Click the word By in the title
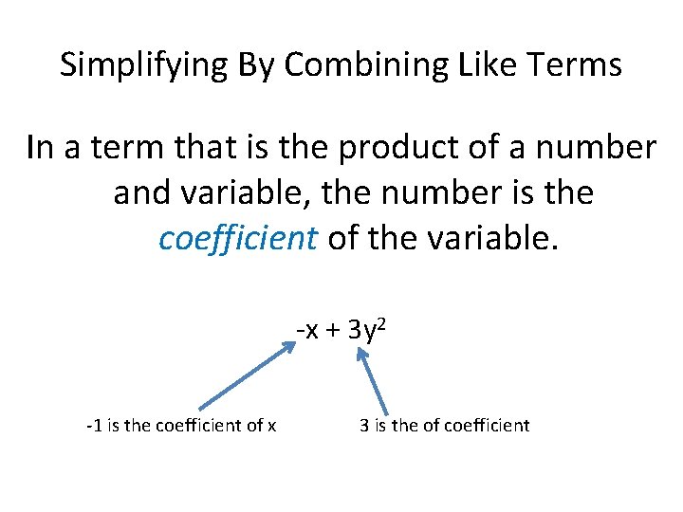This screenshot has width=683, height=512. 257,65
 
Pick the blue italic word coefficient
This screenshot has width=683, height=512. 238,238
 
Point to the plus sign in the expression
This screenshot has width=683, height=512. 333,331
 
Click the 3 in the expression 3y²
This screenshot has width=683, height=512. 354,331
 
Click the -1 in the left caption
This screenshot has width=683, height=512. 93,426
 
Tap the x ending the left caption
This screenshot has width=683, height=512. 272,427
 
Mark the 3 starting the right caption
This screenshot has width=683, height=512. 364,426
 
